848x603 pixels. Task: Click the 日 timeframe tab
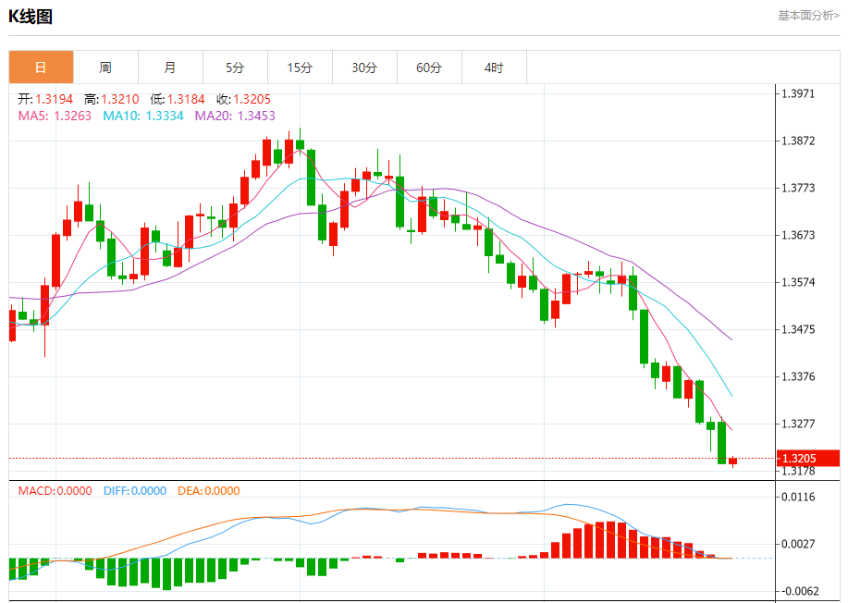[x=41, y=68]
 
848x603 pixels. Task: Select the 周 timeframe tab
[x=105, y=68]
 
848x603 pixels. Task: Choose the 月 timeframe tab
[x=170, y=68]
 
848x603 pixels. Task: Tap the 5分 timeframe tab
[x=235, y=68]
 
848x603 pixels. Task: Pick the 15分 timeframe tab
[x=300, y=68]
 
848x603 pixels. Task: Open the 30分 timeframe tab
[x=364, y=68]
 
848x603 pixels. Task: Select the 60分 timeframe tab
[x=429, y=68]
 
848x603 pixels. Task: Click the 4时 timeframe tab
[x=494, y=68]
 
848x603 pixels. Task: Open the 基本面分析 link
[x=808, y=16]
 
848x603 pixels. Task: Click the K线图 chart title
[x=31, y=17]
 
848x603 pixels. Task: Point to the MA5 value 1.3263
[x=73, y=116]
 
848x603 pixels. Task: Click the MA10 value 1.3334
[x=165, y=116]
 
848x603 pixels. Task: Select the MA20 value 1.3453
[x=256, y=116]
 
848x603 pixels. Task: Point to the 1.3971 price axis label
[x=798, y=93]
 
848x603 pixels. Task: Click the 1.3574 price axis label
[x=798, y=282]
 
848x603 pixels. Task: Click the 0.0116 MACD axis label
[x=798, y=497]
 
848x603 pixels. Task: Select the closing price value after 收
[x=252, y=99]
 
